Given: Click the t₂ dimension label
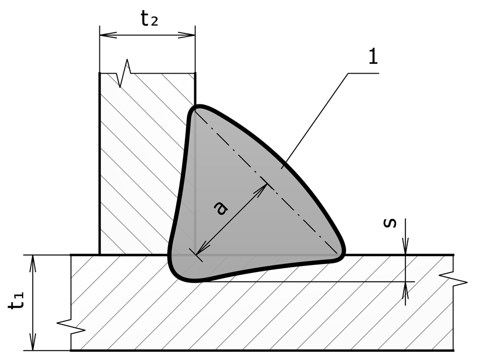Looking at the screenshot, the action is coord(150,19).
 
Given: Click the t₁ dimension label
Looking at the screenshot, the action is coord(16,301).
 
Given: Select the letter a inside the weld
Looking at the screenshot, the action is coord(220,209).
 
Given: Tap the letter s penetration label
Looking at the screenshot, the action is coord(390,223).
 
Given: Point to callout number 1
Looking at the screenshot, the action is coord(373,56).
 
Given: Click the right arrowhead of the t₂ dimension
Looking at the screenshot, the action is coord(187,35).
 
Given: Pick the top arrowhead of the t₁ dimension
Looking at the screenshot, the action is coord(33,263).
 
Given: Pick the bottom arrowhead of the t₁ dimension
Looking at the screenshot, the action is coord(33,342).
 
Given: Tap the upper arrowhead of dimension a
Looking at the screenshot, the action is coord(261,190).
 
